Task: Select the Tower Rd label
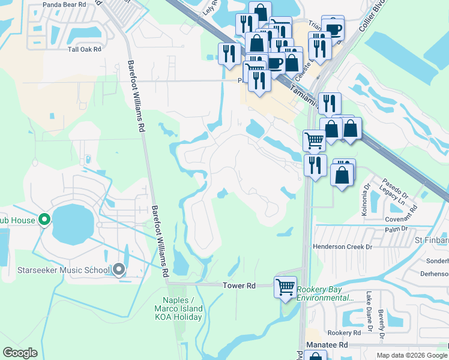[x=239, y=286]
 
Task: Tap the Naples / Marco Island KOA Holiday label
[x=182, y=308]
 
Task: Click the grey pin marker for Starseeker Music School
[x=119, y=270]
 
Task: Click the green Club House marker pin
[x=44, y=220]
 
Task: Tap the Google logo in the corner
[x=20, y=353]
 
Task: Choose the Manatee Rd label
[x=327, y=346]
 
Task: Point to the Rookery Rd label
[x=344, y=332]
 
